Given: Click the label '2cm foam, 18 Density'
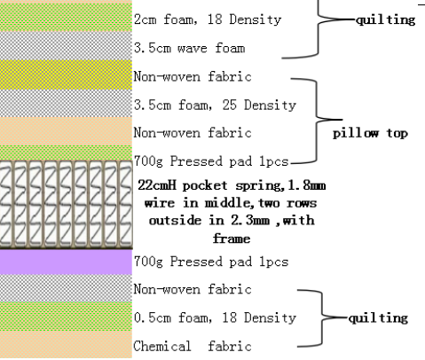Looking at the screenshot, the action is point(208,20).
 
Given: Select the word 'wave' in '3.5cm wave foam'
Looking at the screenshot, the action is point(192,48).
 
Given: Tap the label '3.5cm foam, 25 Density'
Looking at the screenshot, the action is point(215,106).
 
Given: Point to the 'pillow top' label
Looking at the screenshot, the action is point(370,133).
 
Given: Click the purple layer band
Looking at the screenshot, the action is point(66,262).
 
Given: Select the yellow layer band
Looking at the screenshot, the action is point(66,74).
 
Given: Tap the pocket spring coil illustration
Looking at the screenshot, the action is point(66,204).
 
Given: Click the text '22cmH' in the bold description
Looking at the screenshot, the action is point(157,185).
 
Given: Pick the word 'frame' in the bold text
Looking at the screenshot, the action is point(232,239).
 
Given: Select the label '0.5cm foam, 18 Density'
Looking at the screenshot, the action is point(215,318).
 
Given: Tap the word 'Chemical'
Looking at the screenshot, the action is point(162,347).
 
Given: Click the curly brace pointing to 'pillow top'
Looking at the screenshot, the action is point(317,120).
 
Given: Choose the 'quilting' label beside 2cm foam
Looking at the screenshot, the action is point(386,20).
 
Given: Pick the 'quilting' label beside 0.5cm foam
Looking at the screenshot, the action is point(378,318).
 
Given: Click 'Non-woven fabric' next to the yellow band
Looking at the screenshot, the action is point(193,76).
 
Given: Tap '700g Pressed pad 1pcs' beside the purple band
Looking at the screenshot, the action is point(211,262).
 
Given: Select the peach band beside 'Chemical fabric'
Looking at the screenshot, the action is point(66,345).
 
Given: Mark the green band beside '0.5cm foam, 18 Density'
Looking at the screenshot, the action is point(66,317).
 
